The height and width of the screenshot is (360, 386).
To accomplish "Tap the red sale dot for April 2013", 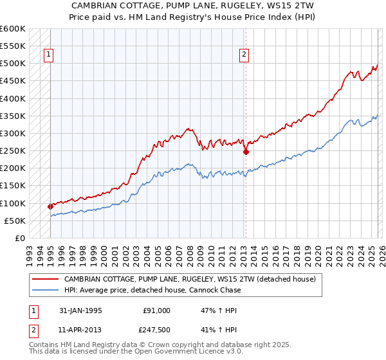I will [246, 152].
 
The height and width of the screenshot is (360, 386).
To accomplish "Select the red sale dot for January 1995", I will [50, 206].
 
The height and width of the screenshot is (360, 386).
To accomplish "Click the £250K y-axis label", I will [13, 151].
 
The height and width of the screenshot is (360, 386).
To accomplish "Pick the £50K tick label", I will [15, 221].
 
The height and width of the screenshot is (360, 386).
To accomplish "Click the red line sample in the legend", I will [45, 280].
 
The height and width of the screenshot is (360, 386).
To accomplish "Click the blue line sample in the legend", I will [45, 290].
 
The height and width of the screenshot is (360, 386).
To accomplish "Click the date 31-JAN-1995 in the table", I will [81, 310].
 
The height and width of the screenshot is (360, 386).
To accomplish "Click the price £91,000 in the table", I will [156, 310].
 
